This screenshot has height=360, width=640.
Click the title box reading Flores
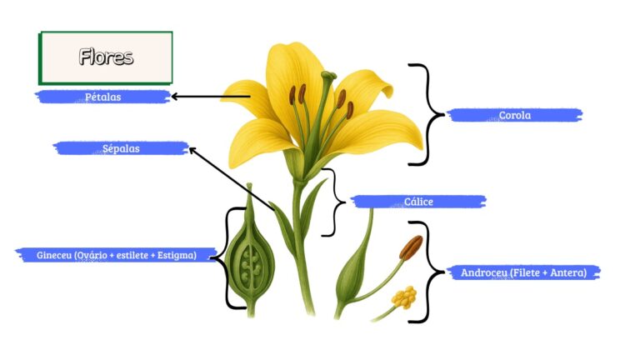pyautogui.click(x=106, y=57)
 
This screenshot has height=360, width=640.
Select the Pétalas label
pyautogui.click(x=102, y=97)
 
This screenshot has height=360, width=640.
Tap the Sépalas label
pyautogui.click(x=121, y=148)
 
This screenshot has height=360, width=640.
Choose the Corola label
pyautogui.click(x=515, y=115)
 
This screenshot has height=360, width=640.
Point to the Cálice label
pyautogui.click(x=418, y=202)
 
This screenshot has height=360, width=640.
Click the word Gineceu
pyautogui.click(x=54, y=256)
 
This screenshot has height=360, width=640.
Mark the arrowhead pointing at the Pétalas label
pyautogui.click(x=174, y=97)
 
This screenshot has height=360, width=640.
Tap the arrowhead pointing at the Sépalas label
pyautogui.click(x=192, y=150)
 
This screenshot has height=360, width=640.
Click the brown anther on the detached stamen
pyautogui.click(x=411, y=247)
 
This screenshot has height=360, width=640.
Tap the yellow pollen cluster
pyautogui.click(x=404, y=297)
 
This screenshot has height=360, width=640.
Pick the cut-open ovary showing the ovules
pyautogui.click(x=250, y=263)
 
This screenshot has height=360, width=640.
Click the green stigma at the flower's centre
pyautogui.click(x=328, y=76)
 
